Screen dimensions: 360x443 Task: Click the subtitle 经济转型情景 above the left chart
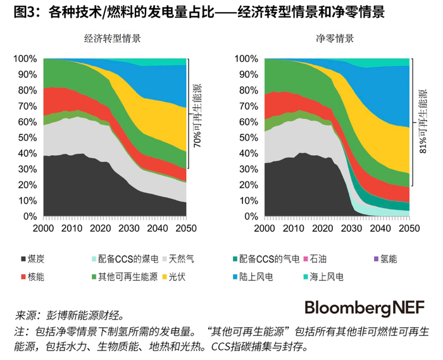coord(112,39)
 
